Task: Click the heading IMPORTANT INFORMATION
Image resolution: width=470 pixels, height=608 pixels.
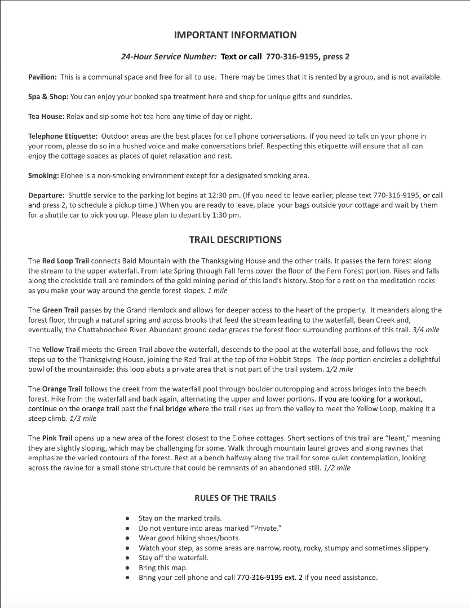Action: tap(235, 35)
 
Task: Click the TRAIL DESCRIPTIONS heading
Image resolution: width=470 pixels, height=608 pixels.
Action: tap(235, 240)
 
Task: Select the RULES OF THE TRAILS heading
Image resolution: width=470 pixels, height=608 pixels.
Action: tap(235, 497)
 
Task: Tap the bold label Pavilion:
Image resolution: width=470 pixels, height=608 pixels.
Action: tap(42, 77)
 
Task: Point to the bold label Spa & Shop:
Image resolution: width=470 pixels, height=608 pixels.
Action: tap(48, 96)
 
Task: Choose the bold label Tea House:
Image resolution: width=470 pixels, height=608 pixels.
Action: tap(46, 116)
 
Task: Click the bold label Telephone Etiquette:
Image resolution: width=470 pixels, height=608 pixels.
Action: tap(63, 136)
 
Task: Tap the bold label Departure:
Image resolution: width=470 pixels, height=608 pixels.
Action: tap(46, 195)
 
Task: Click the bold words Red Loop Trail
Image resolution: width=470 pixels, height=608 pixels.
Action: tap(65, 261)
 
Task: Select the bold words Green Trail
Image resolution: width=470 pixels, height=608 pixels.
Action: tap(61, 310)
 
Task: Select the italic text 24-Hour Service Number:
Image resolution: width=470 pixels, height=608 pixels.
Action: tap(169, 57)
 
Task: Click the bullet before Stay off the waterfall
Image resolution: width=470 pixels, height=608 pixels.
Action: tap(127, 558)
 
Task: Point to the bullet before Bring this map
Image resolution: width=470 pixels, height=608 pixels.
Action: tap(127, 567)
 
